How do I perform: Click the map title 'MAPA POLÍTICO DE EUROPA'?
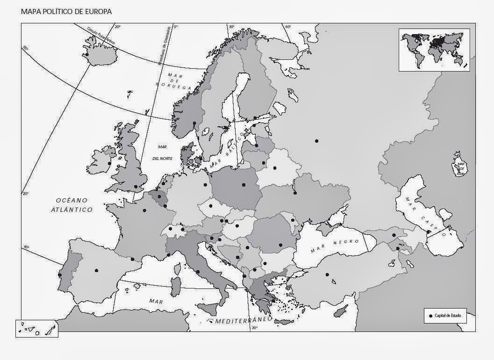66,11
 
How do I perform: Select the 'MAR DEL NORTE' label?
163,152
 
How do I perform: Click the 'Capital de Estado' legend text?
447,316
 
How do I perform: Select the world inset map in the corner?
434,50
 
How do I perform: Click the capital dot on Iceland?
87,55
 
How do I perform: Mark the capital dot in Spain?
96,270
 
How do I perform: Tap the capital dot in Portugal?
60,275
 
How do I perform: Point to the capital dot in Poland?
243,185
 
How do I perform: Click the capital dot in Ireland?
109,163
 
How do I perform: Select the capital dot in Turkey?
327,274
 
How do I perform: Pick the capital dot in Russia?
316,141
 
